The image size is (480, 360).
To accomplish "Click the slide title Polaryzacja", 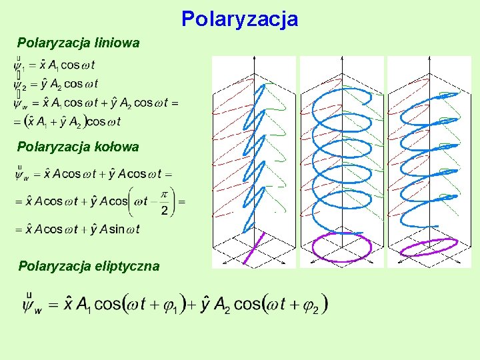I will pos(239,19).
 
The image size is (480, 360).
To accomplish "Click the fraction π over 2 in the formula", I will pos(164,201).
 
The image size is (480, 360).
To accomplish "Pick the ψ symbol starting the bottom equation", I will pos(31,304).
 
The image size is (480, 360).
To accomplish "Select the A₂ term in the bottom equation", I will pos(220,305).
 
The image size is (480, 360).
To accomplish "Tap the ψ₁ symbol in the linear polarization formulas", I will pos(19,66).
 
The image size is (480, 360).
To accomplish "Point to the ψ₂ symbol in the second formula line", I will pos(19,85).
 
